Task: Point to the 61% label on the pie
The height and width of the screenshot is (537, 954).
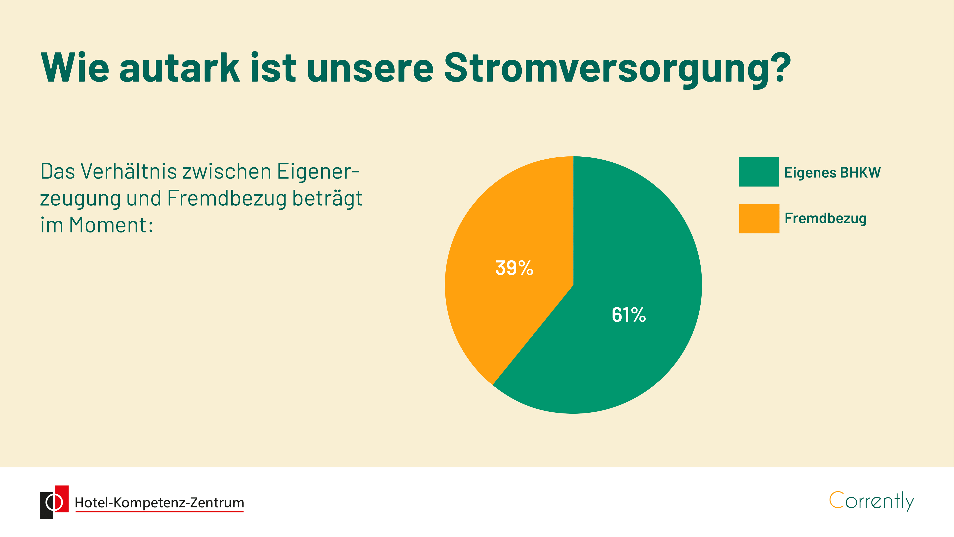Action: tap(629, 315)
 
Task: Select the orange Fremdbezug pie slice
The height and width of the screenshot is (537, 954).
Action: tap(511, 259)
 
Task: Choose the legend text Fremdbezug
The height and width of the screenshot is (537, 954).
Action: tap(826, 218)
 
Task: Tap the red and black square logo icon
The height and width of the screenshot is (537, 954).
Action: tap(54, 502)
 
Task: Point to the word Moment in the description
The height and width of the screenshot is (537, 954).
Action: tap(108, 225)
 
